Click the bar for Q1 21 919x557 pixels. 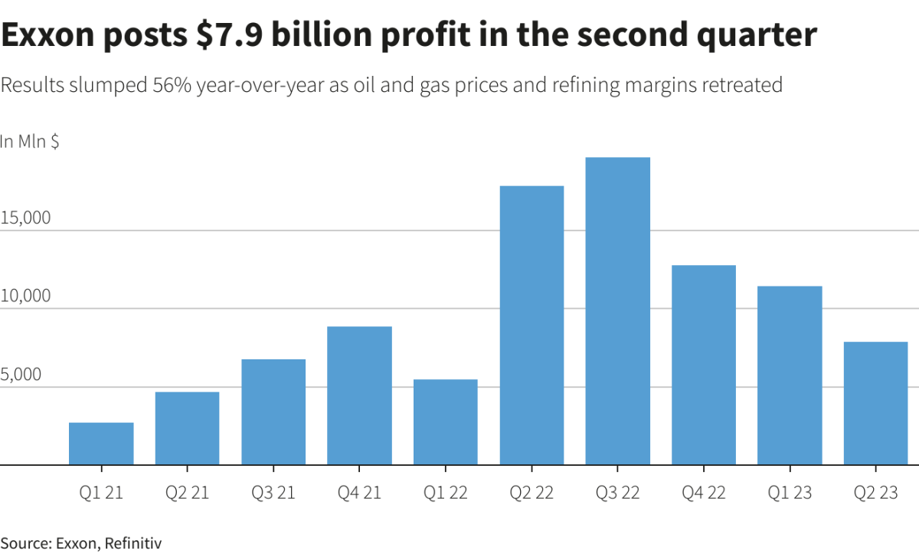click(x=101, y=444)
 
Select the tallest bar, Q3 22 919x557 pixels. click(x=618, y=311)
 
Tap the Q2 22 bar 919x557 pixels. click(x=531, y=326)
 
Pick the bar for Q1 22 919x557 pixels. click(x=446, y=422)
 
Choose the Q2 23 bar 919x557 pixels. click(x=876, y=403)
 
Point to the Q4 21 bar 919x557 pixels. click(x=359, y=395)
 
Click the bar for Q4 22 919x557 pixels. click(x=704, y=365)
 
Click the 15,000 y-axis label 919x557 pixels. click(x=25, y=218)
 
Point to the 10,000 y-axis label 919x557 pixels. click(x=25, y=297)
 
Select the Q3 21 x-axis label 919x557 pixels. click(x=273, y=493)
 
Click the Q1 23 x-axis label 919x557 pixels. click(x=790, y=493)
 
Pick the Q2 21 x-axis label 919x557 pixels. click(x=187, y=493)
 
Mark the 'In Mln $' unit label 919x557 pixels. click(x=30, y=142)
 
